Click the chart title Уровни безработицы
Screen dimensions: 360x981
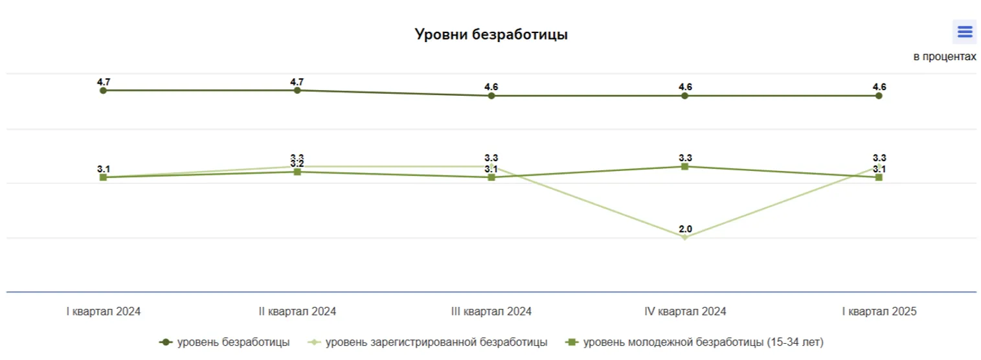(x=491, y=34)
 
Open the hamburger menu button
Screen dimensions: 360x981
(x=964, y=31)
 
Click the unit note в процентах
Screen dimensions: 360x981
(x=944, y=57)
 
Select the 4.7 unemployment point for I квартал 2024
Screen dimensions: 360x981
(x=103, y=91)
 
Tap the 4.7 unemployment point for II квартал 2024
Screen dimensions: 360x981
(x=297, y=91)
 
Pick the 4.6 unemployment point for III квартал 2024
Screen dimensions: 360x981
(x=491, y=96)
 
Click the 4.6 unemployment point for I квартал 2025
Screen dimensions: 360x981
(x=879, y=96)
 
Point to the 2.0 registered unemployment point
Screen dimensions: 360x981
(x=685, y=237)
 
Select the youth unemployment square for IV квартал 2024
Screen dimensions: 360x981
(x=685, y=166)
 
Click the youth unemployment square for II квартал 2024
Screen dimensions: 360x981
(x=297, y=172)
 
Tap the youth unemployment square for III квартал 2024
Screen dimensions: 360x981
(x=491, y=177)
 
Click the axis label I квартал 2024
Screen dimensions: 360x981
(x=104, y=311)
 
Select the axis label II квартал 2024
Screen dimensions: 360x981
(x=297, y=311)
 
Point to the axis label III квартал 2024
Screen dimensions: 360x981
(x=491, y=311)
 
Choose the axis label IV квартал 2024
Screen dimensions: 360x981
(x=685, y=311)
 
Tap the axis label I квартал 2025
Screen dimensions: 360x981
(x=879, y=311)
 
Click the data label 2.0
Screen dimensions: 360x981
(x=685, y=229)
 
